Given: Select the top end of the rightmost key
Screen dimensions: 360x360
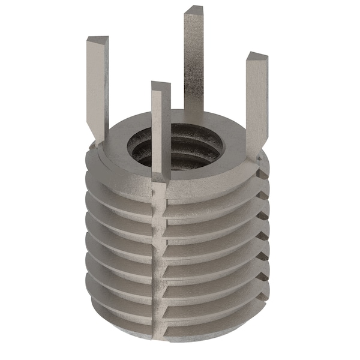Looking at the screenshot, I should point(256,58).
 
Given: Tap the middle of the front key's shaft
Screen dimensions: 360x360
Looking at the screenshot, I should point(161,132).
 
